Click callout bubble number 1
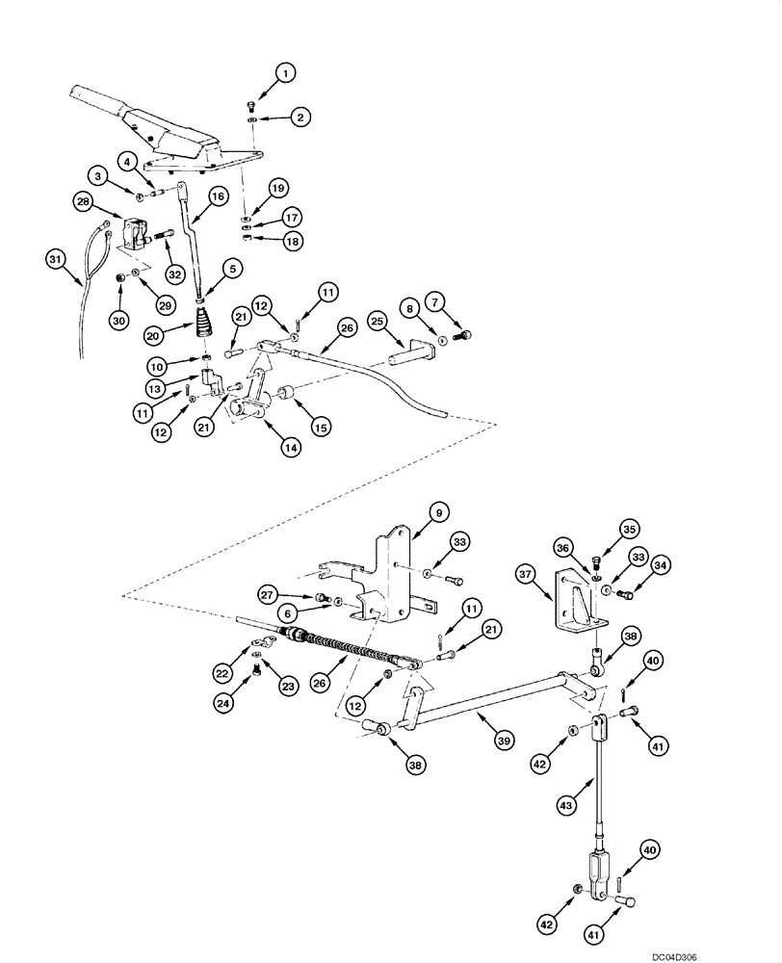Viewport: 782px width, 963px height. pyautogui.click(x=284, y=71)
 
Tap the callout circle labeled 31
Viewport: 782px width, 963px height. pyautogui.click(x=58, y=258)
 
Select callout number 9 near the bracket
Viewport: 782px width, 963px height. pyautogui.click(x=436, y=513)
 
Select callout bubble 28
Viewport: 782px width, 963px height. pyautogui.click(x=85, y=200)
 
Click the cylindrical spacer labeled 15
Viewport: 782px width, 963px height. pyautogui.click(x=286, y=396)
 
